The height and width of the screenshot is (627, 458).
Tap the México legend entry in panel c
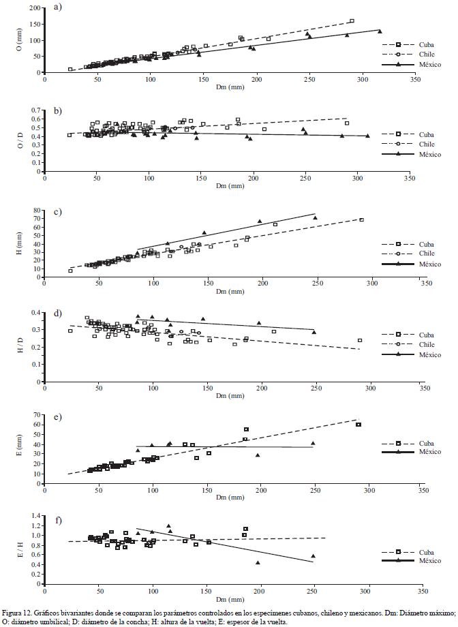(411, 263)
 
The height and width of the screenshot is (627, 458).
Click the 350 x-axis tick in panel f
(423, 590)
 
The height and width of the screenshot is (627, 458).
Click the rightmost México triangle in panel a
(380, 31)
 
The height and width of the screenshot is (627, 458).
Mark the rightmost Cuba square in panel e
(358, 425)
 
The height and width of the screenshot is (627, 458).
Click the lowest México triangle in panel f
(258, 562)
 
